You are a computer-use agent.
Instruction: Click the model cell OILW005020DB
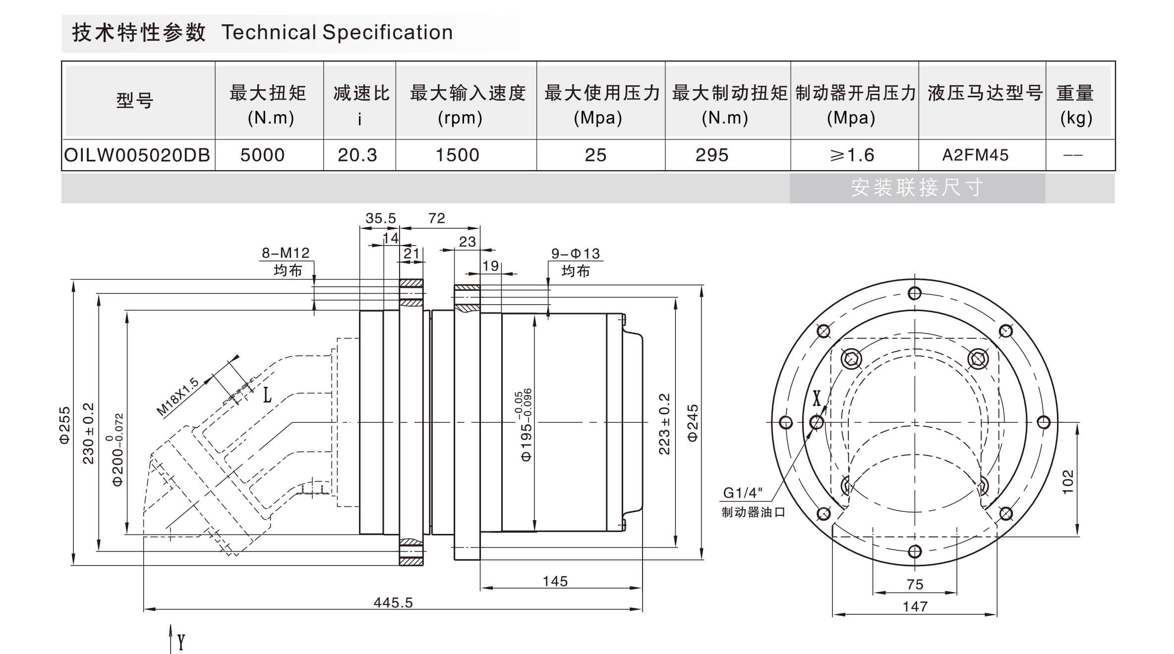point(137,155)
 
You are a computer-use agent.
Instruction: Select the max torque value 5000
point(262,155)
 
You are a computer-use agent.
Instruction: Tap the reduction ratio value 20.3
point(357,155)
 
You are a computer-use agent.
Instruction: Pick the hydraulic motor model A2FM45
point(975,155)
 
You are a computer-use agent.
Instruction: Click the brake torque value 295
point(712,155)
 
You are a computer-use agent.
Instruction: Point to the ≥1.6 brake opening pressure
point(852,155)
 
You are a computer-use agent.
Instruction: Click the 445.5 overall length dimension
point(393,602)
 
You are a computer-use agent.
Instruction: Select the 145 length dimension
point(555,581)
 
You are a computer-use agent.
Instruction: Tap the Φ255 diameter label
point(65,425)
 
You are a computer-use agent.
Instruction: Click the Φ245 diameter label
point(693,423)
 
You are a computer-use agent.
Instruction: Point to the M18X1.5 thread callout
point(177,396)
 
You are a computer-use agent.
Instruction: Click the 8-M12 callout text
point(286,253)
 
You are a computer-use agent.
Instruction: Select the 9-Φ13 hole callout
point(576,254)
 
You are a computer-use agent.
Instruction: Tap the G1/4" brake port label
point(743,493)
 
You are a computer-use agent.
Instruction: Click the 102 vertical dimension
point(1068,481)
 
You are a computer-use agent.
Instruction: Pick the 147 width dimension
point(915,606)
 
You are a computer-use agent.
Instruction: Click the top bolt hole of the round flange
point(915,293)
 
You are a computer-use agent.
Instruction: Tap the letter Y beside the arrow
point(181,642)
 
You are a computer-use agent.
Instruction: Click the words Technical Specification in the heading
point(337,33)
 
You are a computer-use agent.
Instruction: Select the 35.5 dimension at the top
point(380,218)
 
